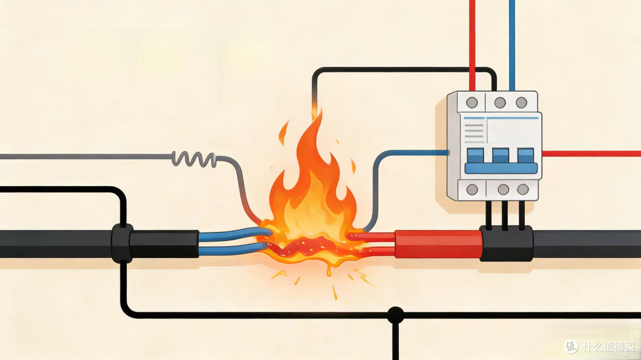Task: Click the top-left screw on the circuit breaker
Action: [x=472, y=102]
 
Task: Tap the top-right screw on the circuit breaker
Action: [x=521, y=102]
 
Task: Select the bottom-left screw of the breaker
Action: [x=472, y=189]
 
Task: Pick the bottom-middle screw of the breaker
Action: [x=503, y=189]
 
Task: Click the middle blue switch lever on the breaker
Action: [x=500, y=156]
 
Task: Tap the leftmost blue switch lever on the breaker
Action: [x=475, y=156]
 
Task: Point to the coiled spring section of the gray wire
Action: [x=193, y=158]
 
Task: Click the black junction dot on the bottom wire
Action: [x=395, y=315]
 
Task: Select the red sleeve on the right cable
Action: [x=438, y=244]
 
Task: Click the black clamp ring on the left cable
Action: [x=122, y=243]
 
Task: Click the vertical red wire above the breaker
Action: [x=472, y=45]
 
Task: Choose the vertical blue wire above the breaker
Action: [x=512, y=45]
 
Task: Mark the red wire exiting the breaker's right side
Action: [x=591, y=154]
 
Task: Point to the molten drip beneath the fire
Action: [x=328, y=270]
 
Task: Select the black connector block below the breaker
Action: [x=506, y=244]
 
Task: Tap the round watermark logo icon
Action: [x=572, y=346]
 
